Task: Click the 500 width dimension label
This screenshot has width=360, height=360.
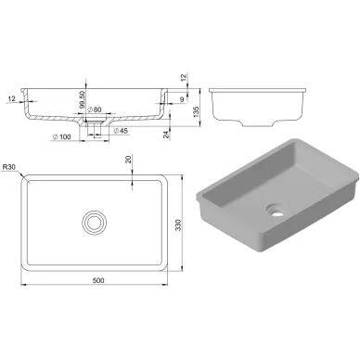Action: (98, 280)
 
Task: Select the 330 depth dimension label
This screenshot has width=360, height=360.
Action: (178, 225)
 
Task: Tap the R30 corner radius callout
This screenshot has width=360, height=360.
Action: (9, 167)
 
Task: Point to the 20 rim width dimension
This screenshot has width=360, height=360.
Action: (129, 160)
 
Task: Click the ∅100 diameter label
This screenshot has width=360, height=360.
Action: (61, 136)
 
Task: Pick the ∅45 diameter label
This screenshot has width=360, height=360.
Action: (121, 131)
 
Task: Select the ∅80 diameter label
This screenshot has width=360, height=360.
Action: (95, 109)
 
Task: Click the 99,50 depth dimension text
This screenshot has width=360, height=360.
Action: (82, 99)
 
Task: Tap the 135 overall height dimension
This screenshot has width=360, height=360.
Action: (196, 111)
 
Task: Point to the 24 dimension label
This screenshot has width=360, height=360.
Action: (166, 135)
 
